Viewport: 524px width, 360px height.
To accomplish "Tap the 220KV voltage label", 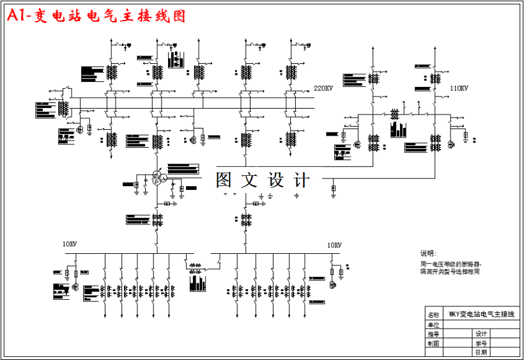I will point(323,88).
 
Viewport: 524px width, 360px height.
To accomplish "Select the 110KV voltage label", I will point(459,88).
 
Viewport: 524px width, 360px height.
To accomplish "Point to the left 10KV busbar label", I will point(70,245).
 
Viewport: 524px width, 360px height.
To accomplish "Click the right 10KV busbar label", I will point(334,245).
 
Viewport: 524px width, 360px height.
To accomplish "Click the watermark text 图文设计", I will point(263,180).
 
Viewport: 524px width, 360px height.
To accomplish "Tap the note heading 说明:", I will point(428,253).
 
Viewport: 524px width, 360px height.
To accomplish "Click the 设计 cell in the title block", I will point(481,334).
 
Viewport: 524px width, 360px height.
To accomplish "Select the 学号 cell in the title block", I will point(481,343).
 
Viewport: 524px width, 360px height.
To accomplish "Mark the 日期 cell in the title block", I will point(481,352).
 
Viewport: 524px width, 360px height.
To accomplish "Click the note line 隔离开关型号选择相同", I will point(450,272).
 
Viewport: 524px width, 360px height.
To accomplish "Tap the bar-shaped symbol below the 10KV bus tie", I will point(199,283).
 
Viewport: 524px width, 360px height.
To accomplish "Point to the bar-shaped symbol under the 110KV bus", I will point(398,129).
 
